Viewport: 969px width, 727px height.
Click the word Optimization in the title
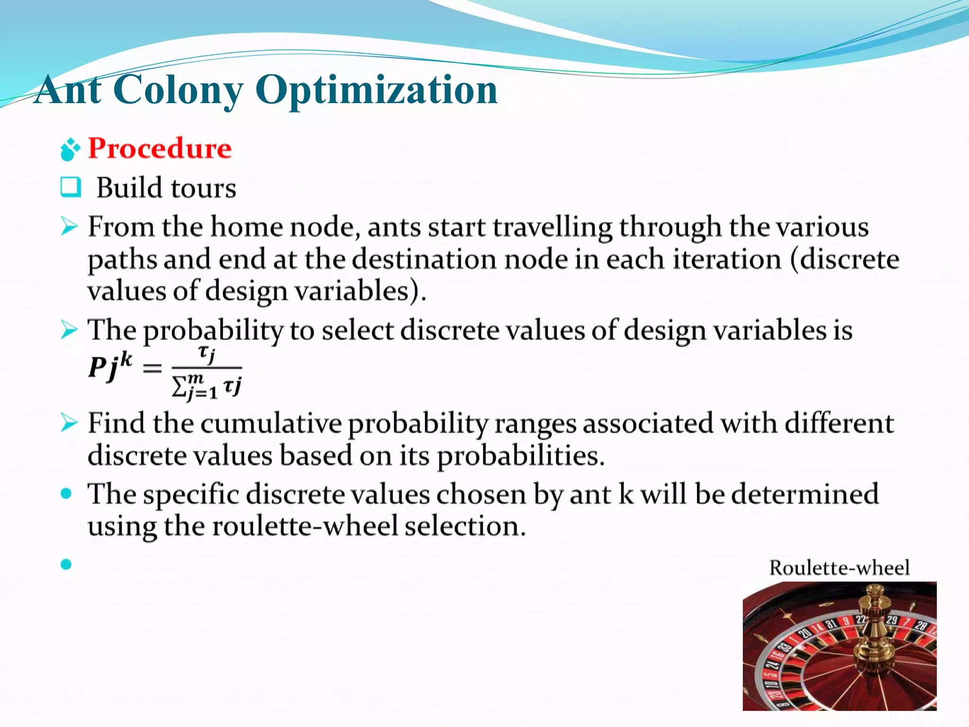coord(376,90)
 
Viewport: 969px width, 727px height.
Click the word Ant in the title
coord(69,90)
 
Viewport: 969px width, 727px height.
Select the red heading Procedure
coord(160,149)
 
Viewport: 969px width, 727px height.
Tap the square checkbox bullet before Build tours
coord(70,187)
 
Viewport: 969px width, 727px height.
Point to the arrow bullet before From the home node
coord(69,227)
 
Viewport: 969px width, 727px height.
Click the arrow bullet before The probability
coord(69,329)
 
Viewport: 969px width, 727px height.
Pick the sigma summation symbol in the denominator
coord(179,387)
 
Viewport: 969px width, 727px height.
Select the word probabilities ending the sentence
coord(520,456)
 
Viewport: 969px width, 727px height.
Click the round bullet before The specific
coord(66,494)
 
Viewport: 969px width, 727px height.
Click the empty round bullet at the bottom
coord(66,564)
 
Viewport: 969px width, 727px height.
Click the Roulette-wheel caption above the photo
coord(839,568)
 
